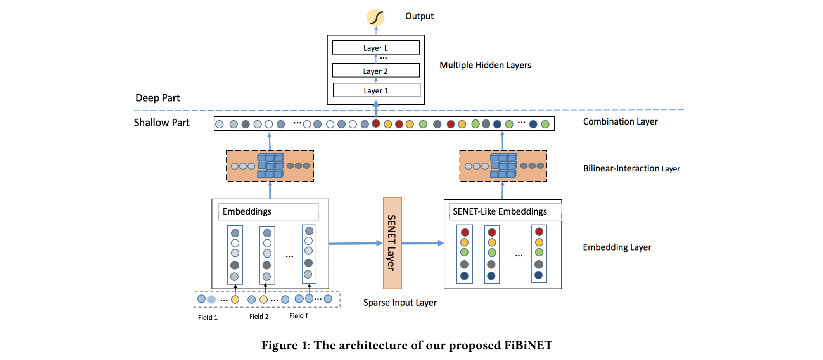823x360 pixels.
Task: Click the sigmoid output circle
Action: point(375,17)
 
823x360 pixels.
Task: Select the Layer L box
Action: point(375,48)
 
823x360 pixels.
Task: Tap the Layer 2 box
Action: point(375,71)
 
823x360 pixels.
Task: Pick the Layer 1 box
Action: point(376,90)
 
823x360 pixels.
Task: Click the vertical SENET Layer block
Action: point(392,243)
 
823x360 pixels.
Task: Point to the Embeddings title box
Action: point(268,212)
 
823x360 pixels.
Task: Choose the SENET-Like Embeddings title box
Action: point(505,212)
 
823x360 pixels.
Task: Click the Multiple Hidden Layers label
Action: point(485,65)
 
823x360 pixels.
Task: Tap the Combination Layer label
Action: point(620,122)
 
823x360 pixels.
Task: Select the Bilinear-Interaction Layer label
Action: point(631,168)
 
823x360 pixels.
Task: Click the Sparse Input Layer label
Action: point(400,303)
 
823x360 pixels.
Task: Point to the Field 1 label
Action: point(208,318)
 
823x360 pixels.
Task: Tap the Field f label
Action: point(299,316)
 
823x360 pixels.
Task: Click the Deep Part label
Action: point(157,98)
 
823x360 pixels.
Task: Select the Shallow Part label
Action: point(162,123)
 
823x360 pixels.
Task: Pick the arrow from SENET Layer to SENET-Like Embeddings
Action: point(422,243)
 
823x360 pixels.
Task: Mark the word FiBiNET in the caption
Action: point(528,345)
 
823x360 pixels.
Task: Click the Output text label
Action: point(419,16)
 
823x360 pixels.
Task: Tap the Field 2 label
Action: point(259,317)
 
